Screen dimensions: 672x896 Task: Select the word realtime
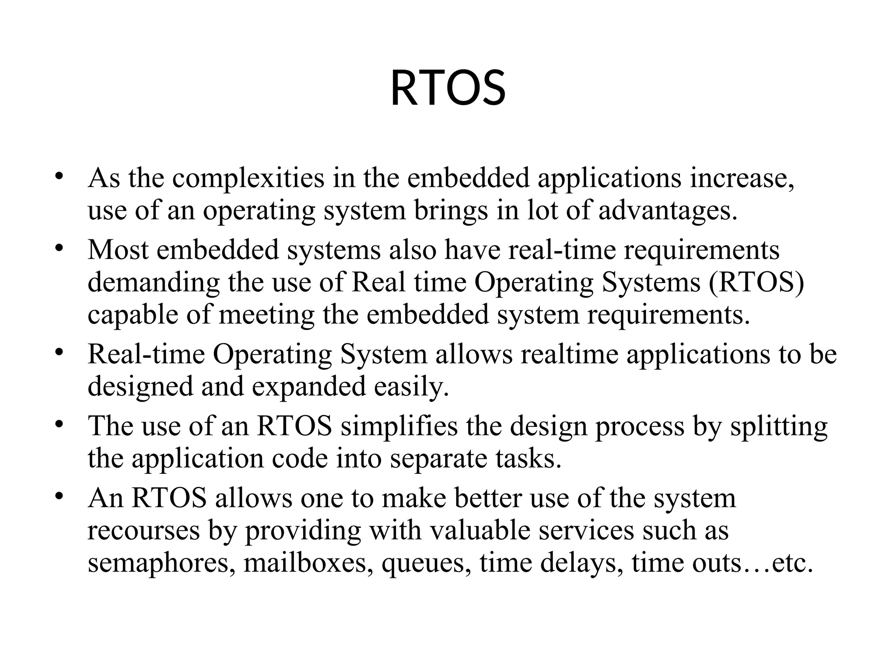[569, 354]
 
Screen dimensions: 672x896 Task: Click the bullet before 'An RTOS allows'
[59, 497]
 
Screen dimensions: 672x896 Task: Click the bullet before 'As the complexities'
[59, 177]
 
